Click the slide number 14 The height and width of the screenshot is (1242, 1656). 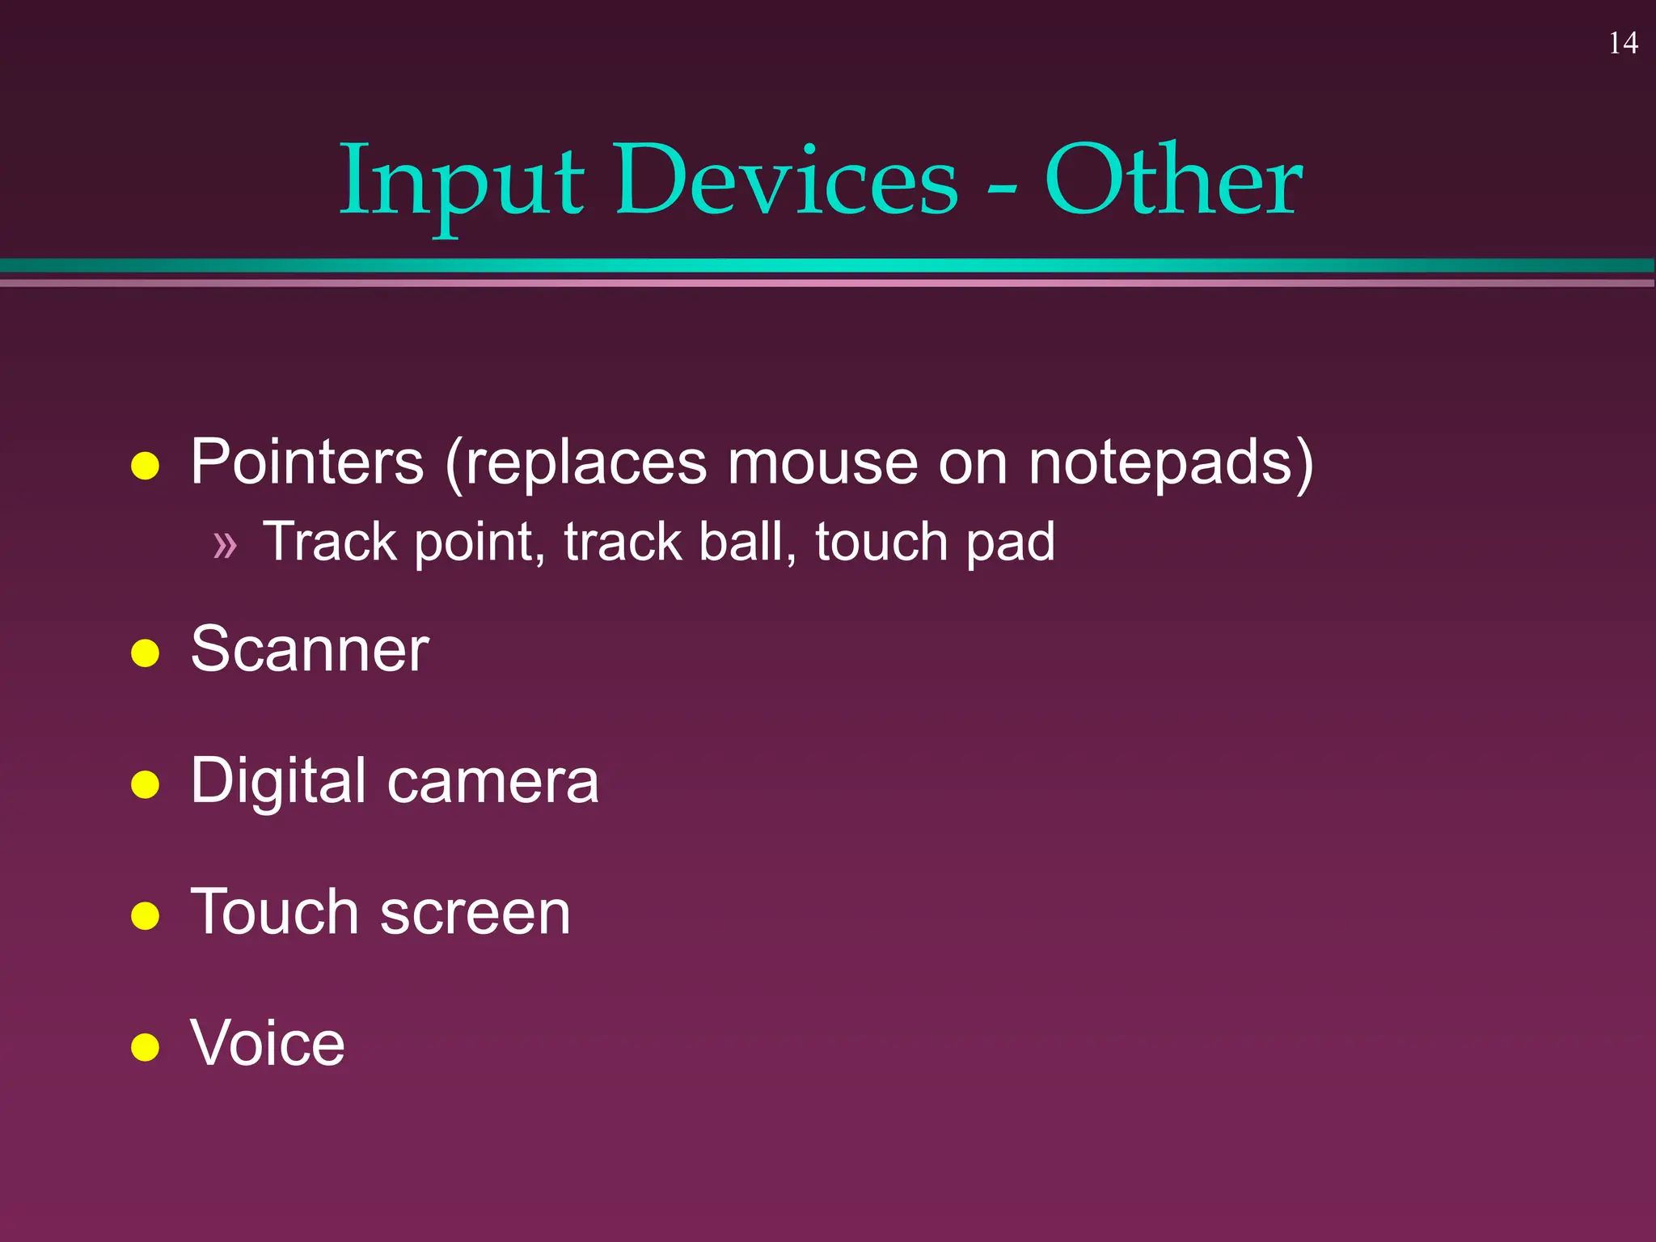[1623, 43]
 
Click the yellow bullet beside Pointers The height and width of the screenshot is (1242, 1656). [145, 466]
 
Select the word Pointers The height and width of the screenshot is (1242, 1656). [307, 463]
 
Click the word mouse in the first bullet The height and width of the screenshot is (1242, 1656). [822, 464]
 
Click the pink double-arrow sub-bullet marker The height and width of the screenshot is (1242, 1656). [225, 545]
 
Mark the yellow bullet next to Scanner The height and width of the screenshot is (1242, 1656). [145, 653]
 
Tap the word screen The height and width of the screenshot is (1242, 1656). [475, 913]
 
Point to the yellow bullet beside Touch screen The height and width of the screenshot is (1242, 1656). [145, 915]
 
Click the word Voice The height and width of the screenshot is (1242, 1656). [268, 1043]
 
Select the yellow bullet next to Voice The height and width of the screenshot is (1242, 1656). [145, 1046]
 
